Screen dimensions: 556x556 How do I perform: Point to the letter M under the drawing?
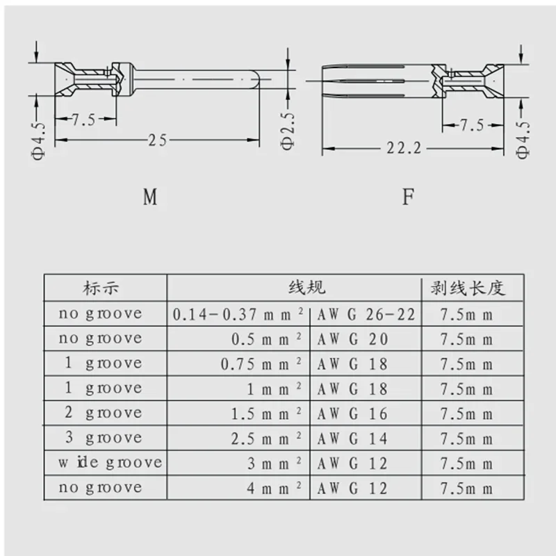pos(150,197)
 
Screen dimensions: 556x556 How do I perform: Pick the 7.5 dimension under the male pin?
pos(83,119)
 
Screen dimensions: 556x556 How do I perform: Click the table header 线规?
pos(306,288)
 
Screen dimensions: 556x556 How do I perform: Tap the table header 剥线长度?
pos(473,288)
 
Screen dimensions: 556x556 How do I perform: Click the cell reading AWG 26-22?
pos(366,314)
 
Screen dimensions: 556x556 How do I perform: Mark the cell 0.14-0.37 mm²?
pos(238,314)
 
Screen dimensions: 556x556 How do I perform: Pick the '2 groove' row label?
pos(103,413)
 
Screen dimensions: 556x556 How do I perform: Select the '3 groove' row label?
pos(103,438)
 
